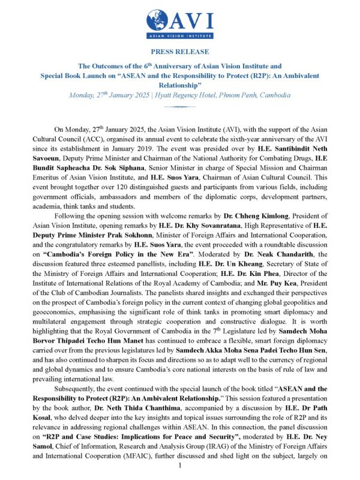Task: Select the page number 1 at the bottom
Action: point(180,466)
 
